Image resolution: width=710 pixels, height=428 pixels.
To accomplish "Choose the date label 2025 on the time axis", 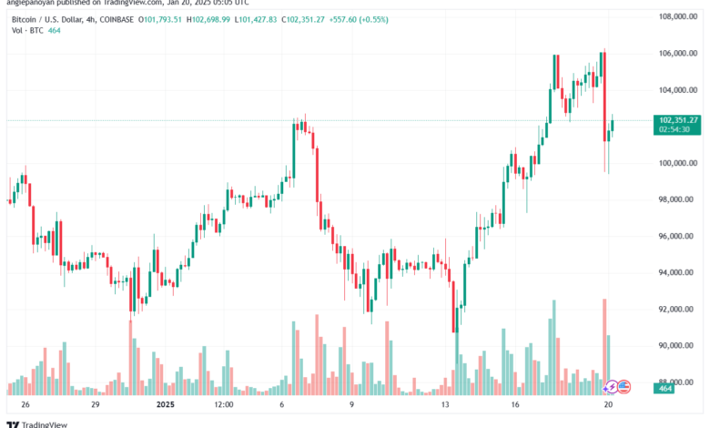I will [x=165, y=403].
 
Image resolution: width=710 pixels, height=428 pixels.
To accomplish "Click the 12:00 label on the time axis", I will [x=223, y=403].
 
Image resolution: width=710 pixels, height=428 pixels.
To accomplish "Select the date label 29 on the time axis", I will [x=94, y=403].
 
